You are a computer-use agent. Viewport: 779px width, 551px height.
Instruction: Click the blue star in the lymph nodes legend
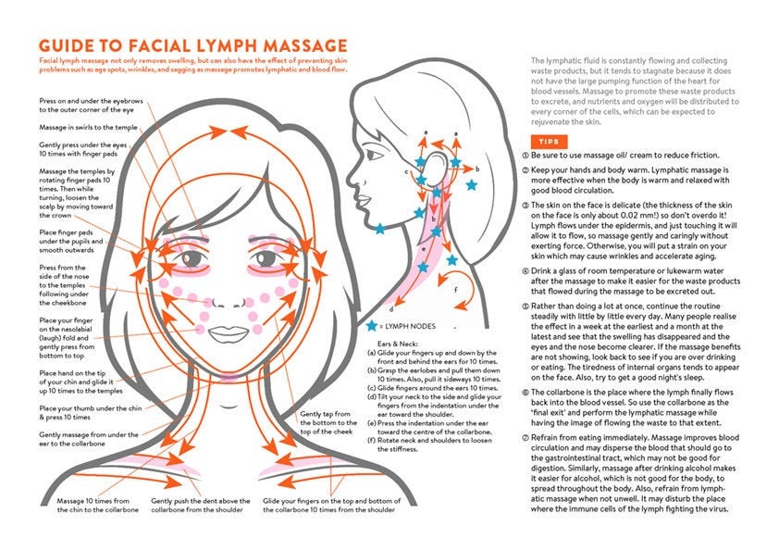point(372,326)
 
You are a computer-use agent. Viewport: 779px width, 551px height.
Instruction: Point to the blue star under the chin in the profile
point(379,229)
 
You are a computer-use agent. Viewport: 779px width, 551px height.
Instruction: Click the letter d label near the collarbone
point(392,309)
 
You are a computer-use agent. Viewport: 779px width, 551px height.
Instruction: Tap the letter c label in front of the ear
point(406,170)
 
